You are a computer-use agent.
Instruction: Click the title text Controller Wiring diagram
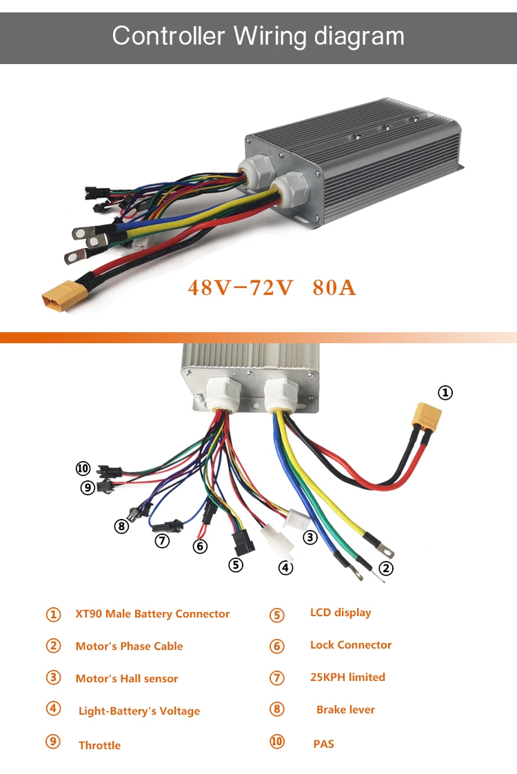[x=258, y=35]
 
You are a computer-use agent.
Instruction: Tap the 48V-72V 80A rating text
[x=272, y=287]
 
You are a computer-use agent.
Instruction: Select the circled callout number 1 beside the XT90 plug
[x=446, y=393]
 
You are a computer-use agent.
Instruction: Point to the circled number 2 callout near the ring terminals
[x=386, y=569]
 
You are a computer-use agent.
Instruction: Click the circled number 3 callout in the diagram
[x=310, y=537]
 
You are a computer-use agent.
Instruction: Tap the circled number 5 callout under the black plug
[x=236, y=565]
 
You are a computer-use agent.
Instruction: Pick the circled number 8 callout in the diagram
[x=121, y=527]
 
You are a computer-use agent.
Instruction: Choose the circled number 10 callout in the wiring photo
[x=83, y=469]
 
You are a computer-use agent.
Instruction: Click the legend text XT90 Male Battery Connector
[x=152, y=613]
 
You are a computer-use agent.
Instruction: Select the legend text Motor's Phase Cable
[x=129, y=646]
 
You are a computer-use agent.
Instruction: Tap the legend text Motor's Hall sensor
[x=126, y=678]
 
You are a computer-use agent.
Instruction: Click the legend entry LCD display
[x=341, y=612]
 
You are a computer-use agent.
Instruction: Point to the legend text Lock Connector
[x=350, y=644]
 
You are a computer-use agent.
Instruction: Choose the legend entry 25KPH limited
[x=347, y=677]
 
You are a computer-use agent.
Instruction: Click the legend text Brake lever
[x=345, y=709]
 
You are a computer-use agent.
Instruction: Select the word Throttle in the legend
[x=99, y=745]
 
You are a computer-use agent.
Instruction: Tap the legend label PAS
[x=323, y=744]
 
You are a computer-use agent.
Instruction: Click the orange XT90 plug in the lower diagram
[x=426, y=416]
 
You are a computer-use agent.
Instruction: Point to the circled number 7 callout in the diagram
[x=162, y=541]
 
